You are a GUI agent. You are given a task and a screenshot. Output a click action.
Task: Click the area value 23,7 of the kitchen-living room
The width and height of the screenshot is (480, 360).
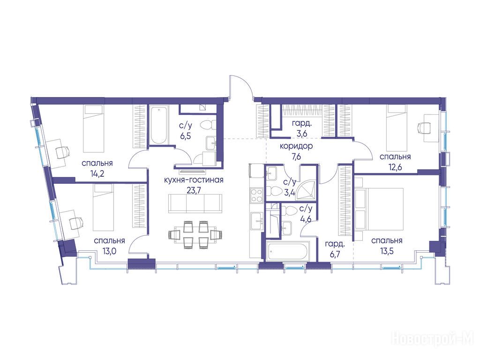pos(194,190)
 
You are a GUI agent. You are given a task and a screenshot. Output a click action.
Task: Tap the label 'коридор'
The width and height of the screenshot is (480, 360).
pos(296,146)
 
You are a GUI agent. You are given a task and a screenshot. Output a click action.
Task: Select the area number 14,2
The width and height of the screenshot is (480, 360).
pos(97,174)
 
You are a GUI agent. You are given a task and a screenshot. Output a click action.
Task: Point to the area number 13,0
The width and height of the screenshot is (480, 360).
pos(109,251)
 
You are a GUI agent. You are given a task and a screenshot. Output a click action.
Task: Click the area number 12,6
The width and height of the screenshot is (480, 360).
pos(395,167)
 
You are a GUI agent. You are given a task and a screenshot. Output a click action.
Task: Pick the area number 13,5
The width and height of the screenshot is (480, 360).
pos(387,251)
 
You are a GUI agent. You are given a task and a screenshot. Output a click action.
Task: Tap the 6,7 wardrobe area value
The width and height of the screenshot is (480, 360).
pos(335,254)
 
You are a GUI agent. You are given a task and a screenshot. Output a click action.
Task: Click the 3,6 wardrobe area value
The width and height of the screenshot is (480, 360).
pos(301,134)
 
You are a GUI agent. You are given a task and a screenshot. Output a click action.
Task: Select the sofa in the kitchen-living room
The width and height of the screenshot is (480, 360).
pos(195,203)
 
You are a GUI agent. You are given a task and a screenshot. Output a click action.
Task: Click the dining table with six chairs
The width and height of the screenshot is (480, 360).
pos(195,234)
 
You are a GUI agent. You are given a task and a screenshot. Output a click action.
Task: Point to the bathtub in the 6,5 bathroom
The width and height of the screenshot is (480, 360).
pos(159,125)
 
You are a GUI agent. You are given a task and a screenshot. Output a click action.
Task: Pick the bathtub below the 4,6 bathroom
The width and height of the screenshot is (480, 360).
pos(288,252)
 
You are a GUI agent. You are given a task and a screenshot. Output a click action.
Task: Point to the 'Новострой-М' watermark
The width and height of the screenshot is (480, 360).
pos(433,339)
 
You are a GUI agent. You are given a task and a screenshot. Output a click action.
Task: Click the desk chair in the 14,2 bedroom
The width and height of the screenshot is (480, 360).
pos(63,152)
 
